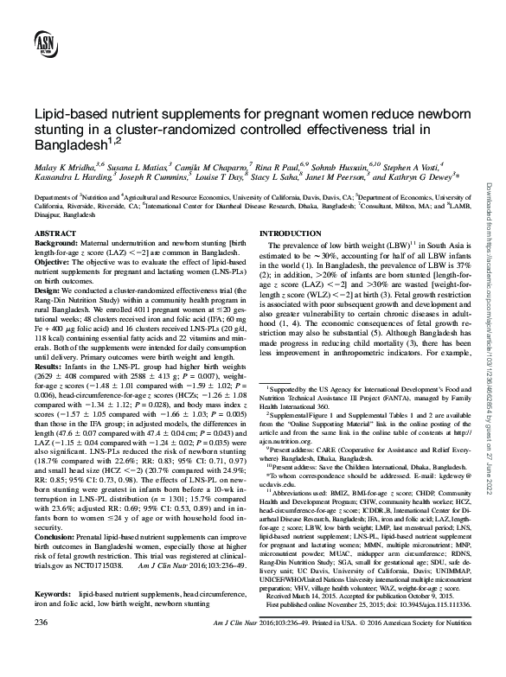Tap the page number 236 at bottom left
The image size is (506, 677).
[41, 647]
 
